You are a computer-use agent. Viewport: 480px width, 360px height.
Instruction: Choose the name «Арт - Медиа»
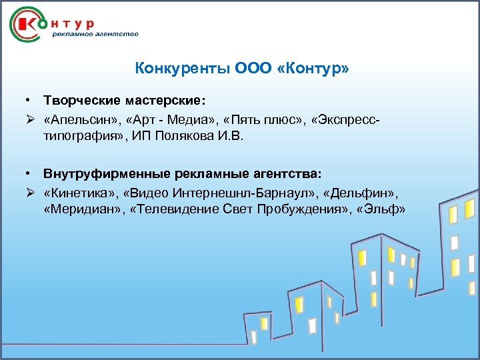(162, 119)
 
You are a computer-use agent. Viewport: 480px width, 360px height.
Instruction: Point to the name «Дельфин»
(361, 192)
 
